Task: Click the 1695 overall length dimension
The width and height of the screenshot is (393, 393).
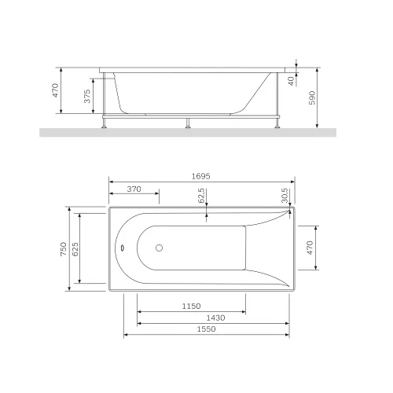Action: tap(200, 176)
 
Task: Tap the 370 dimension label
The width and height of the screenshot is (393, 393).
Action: tap(134, 189)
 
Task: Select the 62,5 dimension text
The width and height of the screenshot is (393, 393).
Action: tap(201, 196)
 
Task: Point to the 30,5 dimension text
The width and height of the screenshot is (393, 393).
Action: tap(285, 195)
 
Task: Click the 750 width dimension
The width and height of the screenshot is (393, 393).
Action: tap(64, 249)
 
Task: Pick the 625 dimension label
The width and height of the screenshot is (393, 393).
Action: tap(75, 249)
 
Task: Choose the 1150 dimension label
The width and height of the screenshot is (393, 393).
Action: tap(191, 306)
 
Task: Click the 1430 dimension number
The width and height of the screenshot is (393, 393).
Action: tap(215, 318)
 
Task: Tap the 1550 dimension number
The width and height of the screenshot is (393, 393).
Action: tap(206, 329)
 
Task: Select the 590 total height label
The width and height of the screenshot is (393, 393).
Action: tap(312, 97)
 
